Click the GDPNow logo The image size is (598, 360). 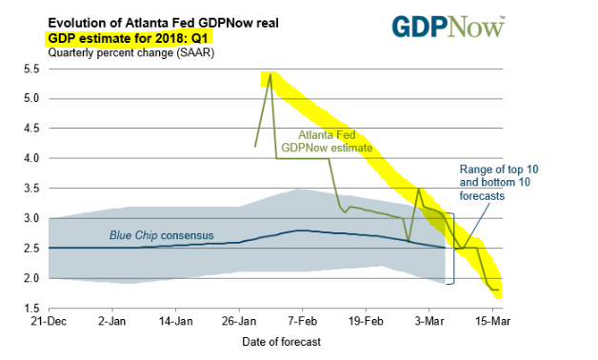(x=448, y=27)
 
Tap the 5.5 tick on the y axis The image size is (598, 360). (x=31, y=69)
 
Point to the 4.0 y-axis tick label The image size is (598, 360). (x=31, y=158)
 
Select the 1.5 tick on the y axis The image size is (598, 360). (x=31, y=309)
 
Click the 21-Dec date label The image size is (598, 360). (x=49, y=321)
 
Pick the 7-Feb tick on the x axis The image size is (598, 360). (x=303, y=321)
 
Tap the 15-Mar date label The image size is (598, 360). (x=492, y=321)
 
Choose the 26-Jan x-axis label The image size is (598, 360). (x=239, y=321)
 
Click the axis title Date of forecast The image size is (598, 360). (x=282, y=342)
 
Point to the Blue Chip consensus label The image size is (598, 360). (x=161, y=235)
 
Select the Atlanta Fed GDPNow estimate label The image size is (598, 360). (x=327, y=141)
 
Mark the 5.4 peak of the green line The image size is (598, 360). (x=270, y=74)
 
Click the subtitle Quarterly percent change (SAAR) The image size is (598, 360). (x=131, y=52)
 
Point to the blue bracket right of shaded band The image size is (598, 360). (x=453, y=249)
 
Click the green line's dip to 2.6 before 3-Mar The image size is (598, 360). (x=409, y=242)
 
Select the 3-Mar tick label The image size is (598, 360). (x=429, y=321)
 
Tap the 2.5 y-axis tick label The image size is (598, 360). (x=31, y=249)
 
